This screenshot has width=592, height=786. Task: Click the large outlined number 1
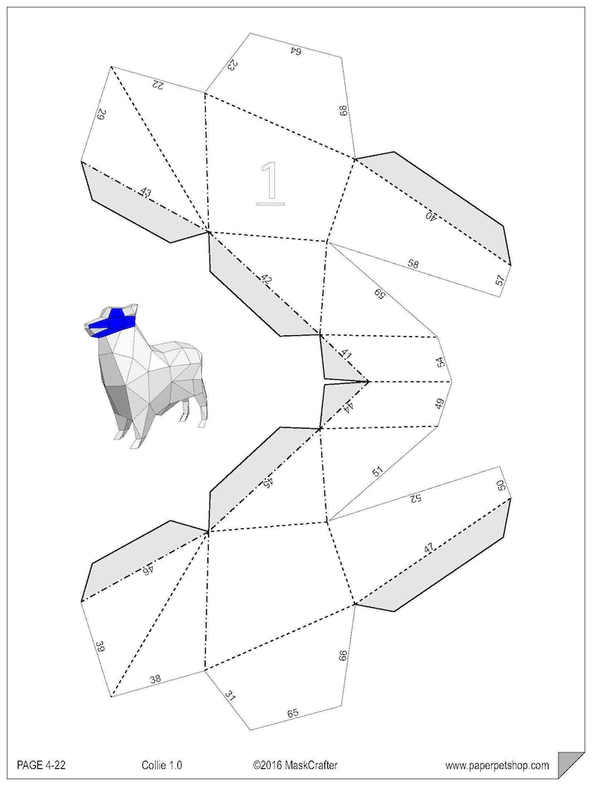click(270, 181)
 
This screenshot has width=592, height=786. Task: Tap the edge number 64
click(295, 51)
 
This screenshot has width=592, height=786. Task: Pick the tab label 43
click(145, 193)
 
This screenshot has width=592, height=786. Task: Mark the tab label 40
click(431, 215)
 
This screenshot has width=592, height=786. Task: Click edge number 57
click(499, 280)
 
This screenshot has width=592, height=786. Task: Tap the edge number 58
click(413, 263)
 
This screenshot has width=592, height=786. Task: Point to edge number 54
click(441, 362)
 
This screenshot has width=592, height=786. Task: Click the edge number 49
click(440, 405)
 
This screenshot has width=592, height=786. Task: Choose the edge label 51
click(378, 472)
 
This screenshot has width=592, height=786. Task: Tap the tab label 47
click(429, 548)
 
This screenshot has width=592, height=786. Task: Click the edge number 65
click(293, 713)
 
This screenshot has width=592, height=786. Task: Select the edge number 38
click(155, 679)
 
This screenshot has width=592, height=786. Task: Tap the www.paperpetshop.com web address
click(497, 764)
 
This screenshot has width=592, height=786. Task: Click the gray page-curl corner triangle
click(571, 764)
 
